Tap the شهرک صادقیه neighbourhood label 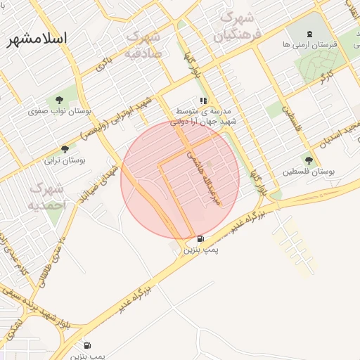coord(145,44)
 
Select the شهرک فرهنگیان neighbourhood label coord(240,25)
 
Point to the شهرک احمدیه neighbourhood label coord(47,197)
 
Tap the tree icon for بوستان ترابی coord(65,149)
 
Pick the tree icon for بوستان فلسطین coord(309,160)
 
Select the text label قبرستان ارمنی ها coord(309,44)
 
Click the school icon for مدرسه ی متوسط coord(203,101)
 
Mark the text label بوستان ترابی coord(65,160)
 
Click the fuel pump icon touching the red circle coord(201,238)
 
